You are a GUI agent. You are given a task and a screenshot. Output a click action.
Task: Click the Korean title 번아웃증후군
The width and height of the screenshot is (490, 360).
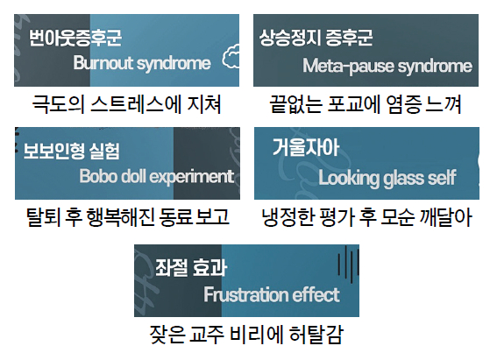click(75, 38)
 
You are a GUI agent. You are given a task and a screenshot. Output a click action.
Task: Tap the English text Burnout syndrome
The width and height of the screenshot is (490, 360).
click(142, 64)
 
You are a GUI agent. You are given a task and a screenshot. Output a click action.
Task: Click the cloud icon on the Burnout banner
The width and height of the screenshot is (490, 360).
click(231, 56)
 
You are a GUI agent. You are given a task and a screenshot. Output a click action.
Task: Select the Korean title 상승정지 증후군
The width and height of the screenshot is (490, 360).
click(316, 38)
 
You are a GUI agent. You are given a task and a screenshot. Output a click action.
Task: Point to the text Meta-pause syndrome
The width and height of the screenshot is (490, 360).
click(387, 67)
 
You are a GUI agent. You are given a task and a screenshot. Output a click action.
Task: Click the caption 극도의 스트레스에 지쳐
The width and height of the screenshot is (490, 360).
click(126, 104)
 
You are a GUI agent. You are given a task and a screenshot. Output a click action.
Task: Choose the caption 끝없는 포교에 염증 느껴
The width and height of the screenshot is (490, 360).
click(366, 104)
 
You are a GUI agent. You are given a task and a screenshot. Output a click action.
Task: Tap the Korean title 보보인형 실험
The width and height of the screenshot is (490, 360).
click(72, 152)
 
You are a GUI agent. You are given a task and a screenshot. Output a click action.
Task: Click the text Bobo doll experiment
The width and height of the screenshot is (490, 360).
click(157, 177)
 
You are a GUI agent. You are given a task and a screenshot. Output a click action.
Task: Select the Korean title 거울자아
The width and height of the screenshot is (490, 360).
click(306, 147)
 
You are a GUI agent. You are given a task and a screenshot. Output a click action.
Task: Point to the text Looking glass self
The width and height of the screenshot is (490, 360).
click(387, 179)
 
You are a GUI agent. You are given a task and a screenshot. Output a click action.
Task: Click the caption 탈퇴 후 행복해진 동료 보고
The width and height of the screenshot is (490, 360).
click(127, 217)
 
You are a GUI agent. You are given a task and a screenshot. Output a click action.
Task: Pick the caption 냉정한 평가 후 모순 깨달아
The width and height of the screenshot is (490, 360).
click(366, 217)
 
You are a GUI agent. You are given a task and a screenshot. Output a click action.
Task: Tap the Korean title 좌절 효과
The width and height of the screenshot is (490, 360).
click(191, 268)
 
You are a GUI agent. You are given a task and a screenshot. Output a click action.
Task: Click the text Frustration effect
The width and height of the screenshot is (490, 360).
click(272, 294)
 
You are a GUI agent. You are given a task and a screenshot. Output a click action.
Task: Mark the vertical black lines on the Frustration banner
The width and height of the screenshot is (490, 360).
click(348, 265)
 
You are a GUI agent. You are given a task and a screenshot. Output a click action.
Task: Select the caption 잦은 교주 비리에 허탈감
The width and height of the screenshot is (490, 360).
click(246, 335)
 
